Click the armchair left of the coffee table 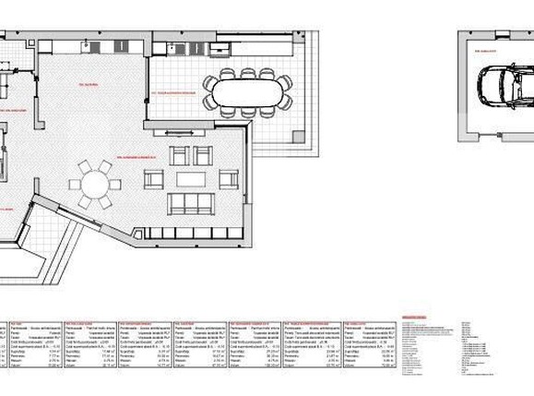click(x=154, y=179)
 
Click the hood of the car click(x=486, y=86)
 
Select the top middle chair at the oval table click(x=248, y=73)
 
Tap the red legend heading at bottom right click(x=415, y=318)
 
